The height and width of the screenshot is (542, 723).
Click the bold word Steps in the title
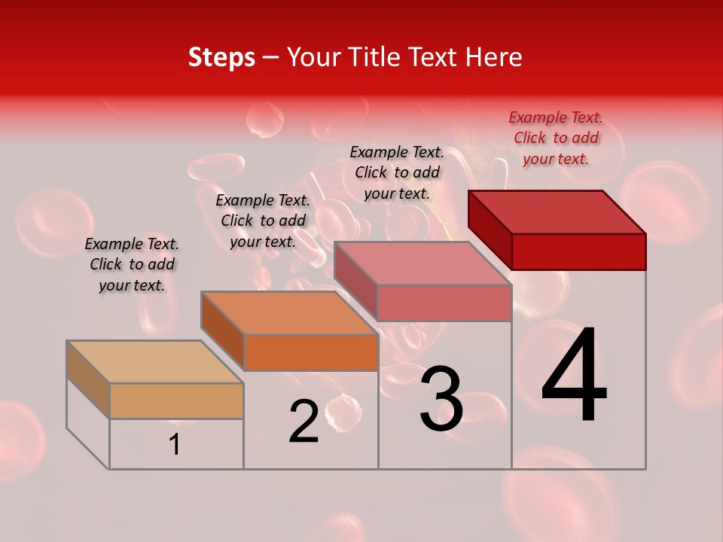221,57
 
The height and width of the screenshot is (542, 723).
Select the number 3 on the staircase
441,400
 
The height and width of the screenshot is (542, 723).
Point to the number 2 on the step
304,422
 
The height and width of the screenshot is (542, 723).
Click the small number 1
175,445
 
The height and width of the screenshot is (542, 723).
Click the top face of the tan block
154,362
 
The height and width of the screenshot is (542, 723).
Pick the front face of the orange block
311,352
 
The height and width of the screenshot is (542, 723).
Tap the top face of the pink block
422,263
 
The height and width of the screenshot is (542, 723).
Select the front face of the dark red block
578,251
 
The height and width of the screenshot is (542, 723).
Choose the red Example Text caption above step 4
556,138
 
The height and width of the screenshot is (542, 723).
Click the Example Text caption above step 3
397,172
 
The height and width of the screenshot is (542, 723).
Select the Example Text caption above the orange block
263,221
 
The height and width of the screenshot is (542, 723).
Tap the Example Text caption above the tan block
132,264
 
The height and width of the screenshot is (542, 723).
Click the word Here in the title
494,57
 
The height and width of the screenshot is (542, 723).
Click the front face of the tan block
176,400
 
